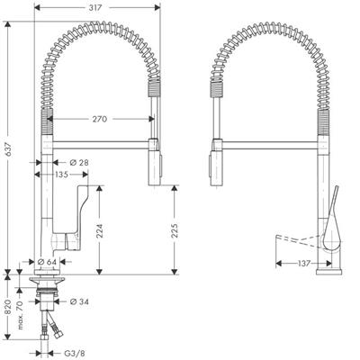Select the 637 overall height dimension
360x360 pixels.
coord(9,148)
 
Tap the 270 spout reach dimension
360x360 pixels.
coord(100,119)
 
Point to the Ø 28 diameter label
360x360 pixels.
coord(79,163)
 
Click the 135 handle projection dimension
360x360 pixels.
coord(61,175)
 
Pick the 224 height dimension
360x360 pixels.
coord(100,230)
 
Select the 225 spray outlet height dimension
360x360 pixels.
coord(175,230)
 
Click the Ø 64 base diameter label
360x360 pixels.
coord(47,262)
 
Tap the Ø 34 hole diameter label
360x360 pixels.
coord(79,301)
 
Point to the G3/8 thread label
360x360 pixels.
coord(72,354)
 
